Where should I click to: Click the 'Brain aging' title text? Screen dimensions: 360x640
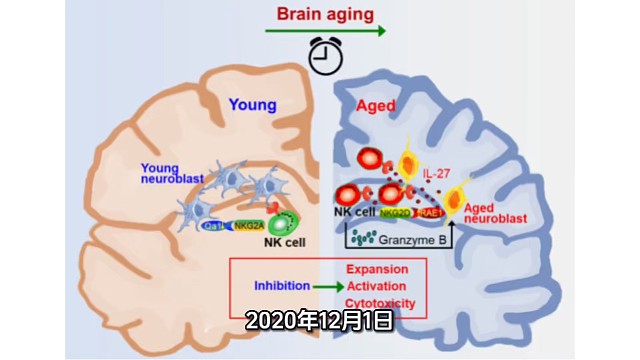tap(325, 15)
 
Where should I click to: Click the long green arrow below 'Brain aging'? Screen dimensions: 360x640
tap(326, 32)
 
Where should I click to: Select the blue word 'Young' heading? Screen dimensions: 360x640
tap(252, 103)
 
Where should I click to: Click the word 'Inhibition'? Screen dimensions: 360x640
tap(281, 286)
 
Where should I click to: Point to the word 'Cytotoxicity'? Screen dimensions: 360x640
tap(379, 304)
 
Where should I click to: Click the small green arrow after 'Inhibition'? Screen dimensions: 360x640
tap(324, 287)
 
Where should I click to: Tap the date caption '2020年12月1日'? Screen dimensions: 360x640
tap(317, 321)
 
